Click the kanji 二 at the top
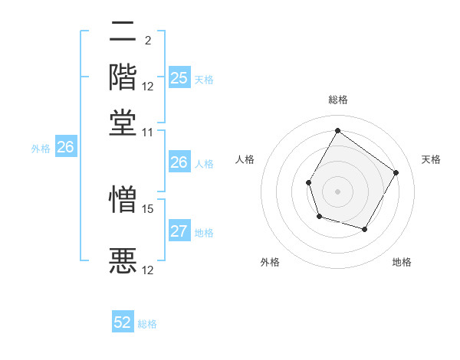click(123, 31)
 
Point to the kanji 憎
click(123, 198)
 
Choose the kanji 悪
click(123, 259)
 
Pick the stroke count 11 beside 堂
click(148, 132)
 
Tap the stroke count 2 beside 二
click(147, 40)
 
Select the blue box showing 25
click(179, 77)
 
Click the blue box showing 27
click(179, 231)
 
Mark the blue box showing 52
click(123, 322)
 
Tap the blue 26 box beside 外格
click(65, 148)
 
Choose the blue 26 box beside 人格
click(179, 162)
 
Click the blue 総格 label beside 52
click(147, 324)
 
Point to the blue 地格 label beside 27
click(204, 233)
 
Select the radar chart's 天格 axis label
click(431, 159)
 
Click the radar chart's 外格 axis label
click(270, 262)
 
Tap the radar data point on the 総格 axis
click(337, 130)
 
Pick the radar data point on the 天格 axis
click(396, 172)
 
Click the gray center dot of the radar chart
click(337, 191)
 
